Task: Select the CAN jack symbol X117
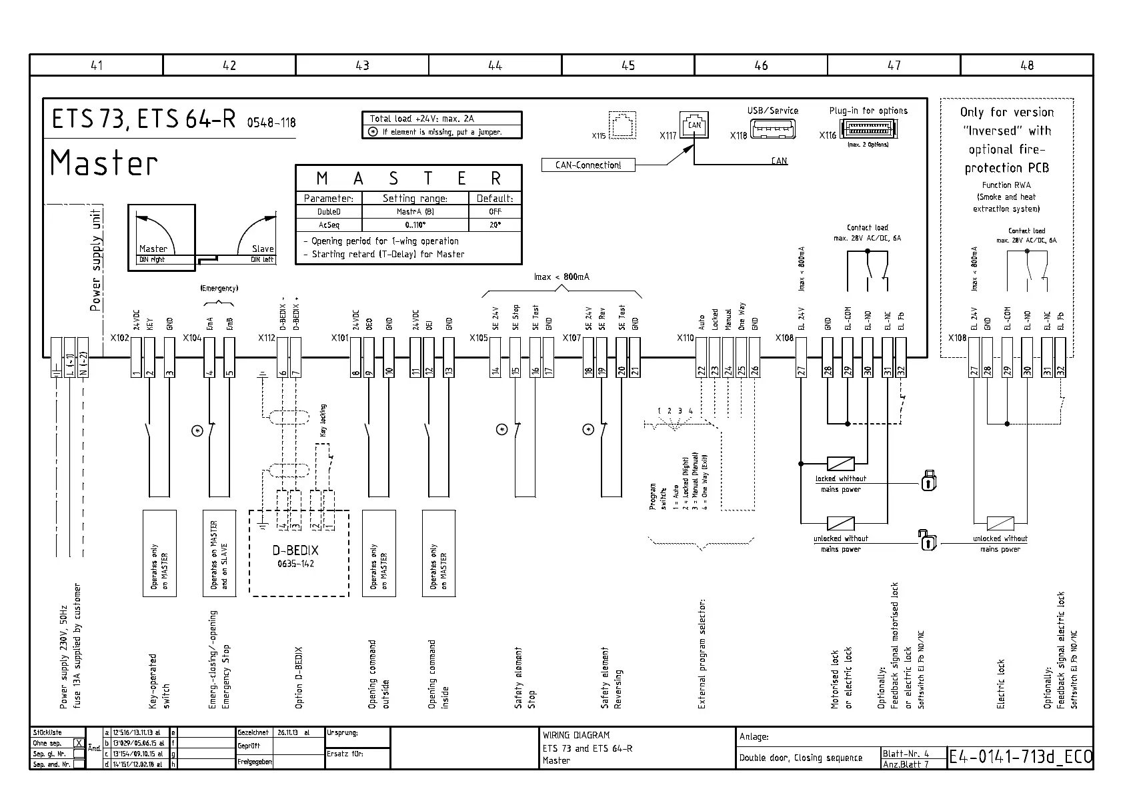point(694,126)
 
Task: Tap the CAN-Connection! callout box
point(588,165)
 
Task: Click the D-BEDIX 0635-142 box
point(299,553)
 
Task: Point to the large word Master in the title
point(104,163)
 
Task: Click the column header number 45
point(628,65)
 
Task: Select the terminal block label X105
point(478,338)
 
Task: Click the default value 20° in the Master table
point(495,225)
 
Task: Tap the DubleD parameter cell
point(329,212)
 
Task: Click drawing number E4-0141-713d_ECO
point(1020,757)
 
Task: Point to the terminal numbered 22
point(701,371)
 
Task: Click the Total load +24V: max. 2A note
point(421,119)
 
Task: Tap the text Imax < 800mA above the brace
point(561,277)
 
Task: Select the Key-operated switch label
point(159,680)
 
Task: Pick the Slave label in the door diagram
point(263,249)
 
